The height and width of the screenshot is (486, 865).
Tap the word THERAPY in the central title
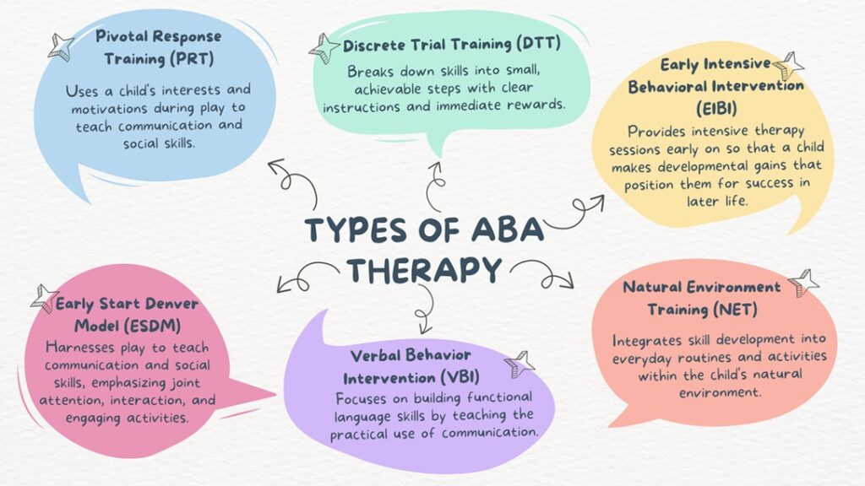(x=424, y=269)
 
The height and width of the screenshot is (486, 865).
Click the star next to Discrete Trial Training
(x=324, y=47)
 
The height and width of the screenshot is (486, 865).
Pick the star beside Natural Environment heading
(x=802, y=282)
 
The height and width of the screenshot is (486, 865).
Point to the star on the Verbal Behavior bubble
(x=520, y=364)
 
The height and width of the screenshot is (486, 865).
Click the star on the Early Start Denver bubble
(x=43, y=298)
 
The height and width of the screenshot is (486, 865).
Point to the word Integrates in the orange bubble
(x=648, y=339)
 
